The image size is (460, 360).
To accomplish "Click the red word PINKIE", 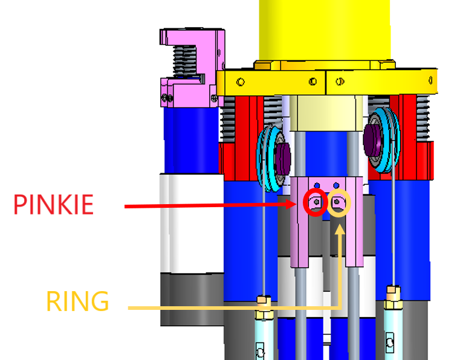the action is tap(53, 204).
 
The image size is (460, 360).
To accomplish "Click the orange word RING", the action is tap(78, 301).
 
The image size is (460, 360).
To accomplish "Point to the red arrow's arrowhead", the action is tap(292, 204).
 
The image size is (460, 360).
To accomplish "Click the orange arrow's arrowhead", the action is tap(340, 230).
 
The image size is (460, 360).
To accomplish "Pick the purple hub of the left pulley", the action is tap(283, 159).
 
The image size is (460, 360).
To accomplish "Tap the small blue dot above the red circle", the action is tap(317, 185).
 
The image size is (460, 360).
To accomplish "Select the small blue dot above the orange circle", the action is tap(337, 185).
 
